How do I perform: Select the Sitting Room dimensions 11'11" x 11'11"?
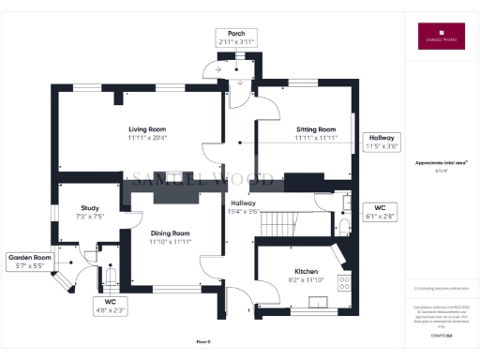click(315, 138)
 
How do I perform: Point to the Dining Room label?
click(170, 232)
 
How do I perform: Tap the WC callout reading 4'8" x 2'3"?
click(110, 305)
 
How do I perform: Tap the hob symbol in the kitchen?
click(343, 279)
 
